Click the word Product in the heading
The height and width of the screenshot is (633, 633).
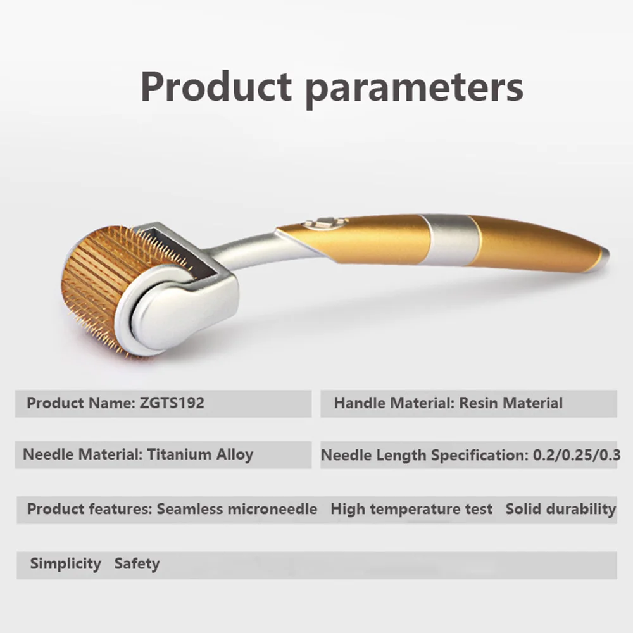216,87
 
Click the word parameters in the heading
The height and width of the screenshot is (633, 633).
414,91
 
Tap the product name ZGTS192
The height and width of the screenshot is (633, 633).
172,403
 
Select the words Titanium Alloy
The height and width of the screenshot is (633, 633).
200,454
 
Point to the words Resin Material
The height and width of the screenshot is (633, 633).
511,403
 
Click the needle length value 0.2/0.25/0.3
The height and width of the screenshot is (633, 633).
577,455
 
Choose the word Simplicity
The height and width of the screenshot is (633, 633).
65,563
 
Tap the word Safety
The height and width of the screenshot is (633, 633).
137,563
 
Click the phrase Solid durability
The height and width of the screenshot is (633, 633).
560,509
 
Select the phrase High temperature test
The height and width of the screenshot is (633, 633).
411,509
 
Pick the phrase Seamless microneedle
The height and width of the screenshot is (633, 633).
237,509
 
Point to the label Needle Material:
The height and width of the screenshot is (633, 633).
83,454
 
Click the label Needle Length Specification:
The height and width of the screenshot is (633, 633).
424,455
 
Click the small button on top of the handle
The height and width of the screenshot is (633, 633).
326,222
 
